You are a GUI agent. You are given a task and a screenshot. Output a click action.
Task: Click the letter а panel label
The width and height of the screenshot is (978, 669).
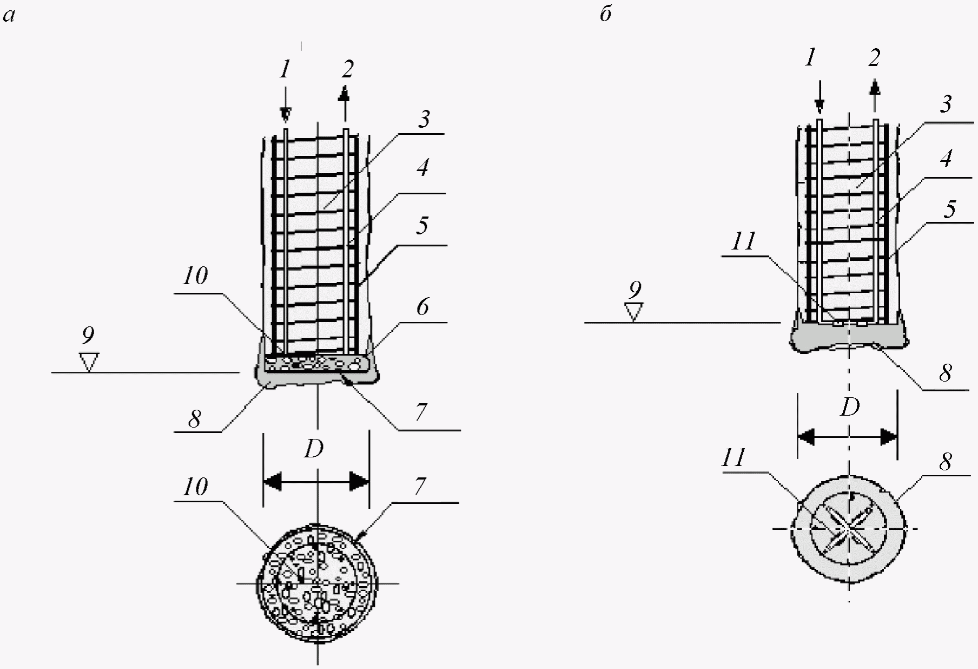[x=9, y=16]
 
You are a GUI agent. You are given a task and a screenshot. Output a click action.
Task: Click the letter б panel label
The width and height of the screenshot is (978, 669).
[x=606, y=14]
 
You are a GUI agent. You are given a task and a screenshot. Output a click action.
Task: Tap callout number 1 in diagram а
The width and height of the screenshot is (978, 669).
[x=285, y=69]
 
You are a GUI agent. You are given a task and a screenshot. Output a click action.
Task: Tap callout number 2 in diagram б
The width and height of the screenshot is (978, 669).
[x=874, y=57]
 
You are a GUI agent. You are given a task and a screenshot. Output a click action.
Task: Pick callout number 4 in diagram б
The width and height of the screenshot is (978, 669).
[x=946, y=159]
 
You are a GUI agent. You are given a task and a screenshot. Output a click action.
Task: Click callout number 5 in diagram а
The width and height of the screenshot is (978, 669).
[x=422, y=225]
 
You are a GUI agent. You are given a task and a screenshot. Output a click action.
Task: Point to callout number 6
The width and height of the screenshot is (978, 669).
[x=422, y=307]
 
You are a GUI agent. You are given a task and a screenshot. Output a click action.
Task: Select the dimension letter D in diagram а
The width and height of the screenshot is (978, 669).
[x=314, y=449]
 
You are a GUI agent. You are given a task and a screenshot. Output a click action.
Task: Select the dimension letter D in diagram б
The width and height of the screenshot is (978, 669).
[x=849, y=407]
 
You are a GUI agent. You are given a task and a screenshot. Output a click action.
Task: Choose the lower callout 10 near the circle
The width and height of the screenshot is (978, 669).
[x=195, y=487]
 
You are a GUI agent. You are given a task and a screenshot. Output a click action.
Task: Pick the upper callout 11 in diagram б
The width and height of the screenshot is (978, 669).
[x=743, y=241]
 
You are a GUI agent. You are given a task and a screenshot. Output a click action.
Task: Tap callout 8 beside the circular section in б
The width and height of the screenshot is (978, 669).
[x=946, y=462]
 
